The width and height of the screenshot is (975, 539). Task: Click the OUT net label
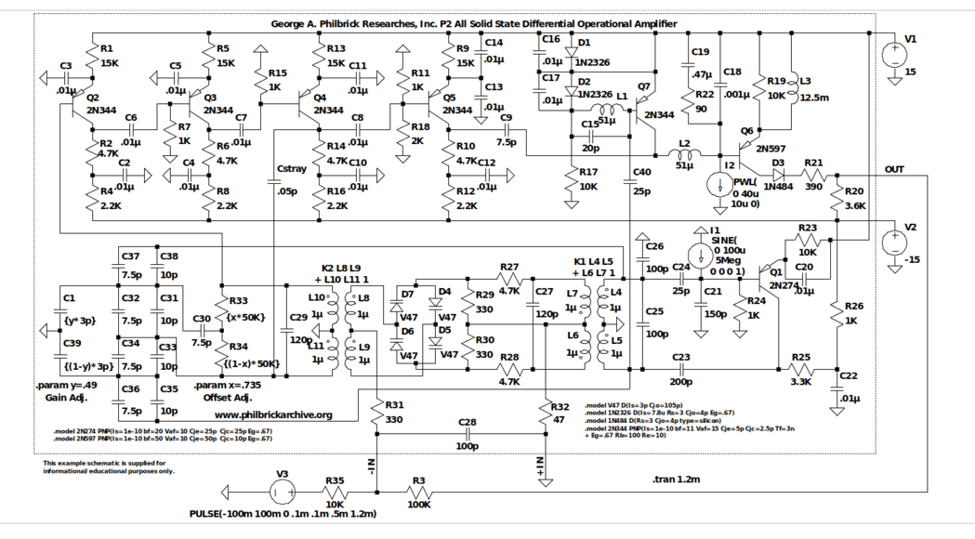click(894, 169)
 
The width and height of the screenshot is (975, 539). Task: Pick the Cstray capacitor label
click(294, 168)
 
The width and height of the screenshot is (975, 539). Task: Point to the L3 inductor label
click(805, 81)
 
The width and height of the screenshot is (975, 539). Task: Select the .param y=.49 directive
click(66, 385)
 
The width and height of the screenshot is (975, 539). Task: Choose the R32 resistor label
click(560, 407)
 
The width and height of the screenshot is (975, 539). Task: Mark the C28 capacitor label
click(468, 423)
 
